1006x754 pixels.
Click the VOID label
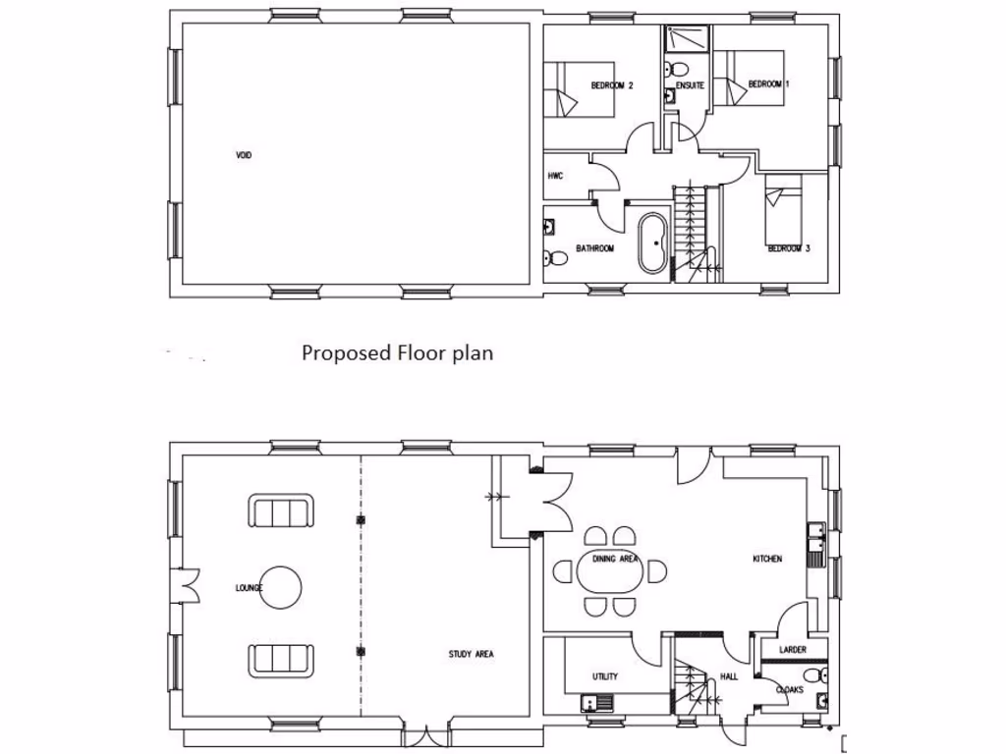point(244,155)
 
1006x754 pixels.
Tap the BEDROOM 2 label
point(611,86)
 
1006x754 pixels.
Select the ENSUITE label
point(689,86)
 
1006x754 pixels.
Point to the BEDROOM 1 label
point(768,84)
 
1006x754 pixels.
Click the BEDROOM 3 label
point(788,249)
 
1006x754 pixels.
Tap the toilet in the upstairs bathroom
point(556,258)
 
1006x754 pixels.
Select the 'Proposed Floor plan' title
point(397,352)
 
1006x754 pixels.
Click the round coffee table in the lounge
point(281,588)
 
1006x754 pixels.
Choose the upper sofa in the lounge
point(281,512)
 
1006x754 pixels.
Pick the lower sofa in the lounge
point(281,659)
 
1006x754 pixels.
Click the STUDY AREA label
point(471,654)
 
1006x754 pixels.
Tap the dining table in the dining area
point(609,570)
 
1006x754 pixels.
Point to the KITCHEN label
point(767,559)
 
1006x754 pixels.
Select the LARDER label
point(792,650)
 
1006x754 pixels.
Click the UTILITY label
point(604,677)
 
